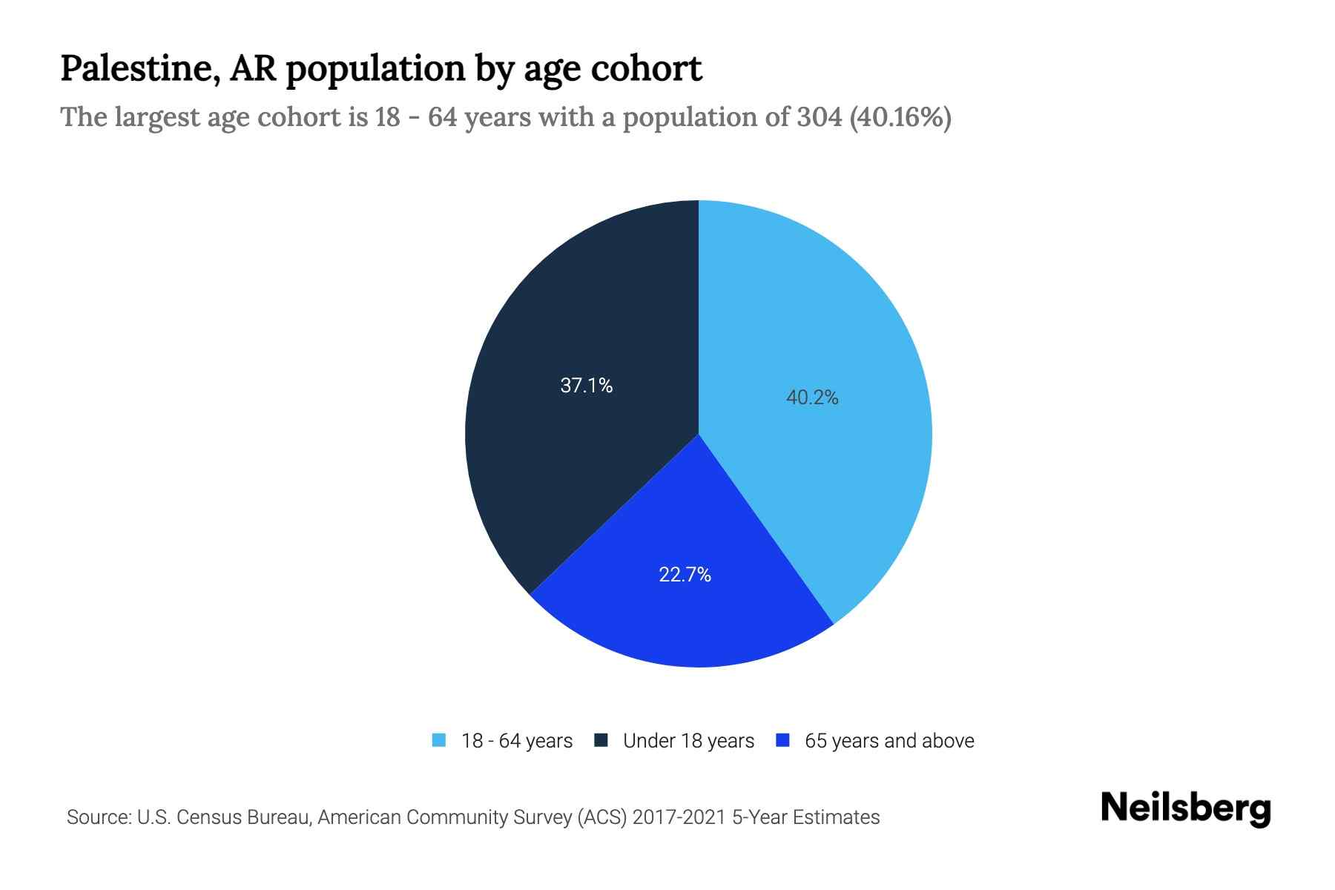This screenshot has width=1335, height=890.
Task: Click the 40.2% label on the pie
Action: pyautogui.click(x=812, y=398)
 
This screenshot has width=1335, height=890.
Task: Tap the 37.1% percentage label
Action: pyautogui.click(x=586, y=386)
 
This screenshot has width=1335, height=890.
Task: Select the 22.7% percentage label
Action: pyautogui.click(x=685, y=575)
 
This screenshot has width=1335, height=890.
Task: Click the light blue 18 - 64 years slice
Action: pyautogui.click(x=831, y=334)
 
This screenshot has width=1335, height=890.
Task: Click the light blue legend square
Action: pyautogui.click(x=439, y=741)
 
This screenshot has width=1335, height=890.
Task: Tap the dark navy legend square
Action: pyautogui.click(x=601, y=741)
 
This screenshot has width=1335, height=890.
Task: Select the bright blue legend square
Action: pyautogui.click(x=782, y=741)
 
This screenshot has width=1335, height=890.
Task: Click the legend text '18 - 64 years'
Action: pyautogui.click(x=517, y=741)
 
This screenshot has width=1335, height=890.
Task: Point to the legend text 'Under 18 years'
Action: pyautogui.click(x=688, y=741)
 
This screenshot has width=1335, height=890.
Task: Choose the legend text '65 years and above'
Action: pyautogui.click(x=889, y=741)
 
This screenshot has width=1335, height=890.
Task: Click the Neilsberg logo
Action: pyautogui.click(x=1185, y=809)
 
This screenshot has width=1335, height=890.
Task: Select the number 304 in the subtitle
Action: pyautogui.click(x=819, y=117)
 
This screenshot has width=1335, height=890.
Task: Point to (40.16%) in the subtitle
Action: pyautogui.click(x=900, y=117)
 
